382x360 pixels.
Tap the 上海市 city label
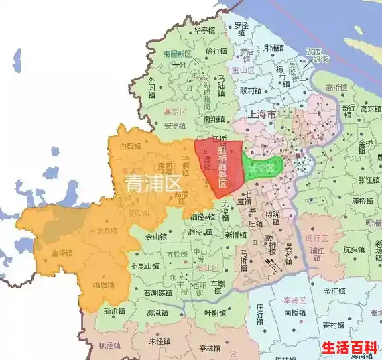[x=262, y=115]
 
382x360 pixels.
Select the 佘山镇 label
[x=153, y=236]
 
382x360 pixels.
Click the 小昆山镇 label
[x=146, y=266]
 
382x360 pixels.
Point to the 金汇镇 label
[x=334, y=292]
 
